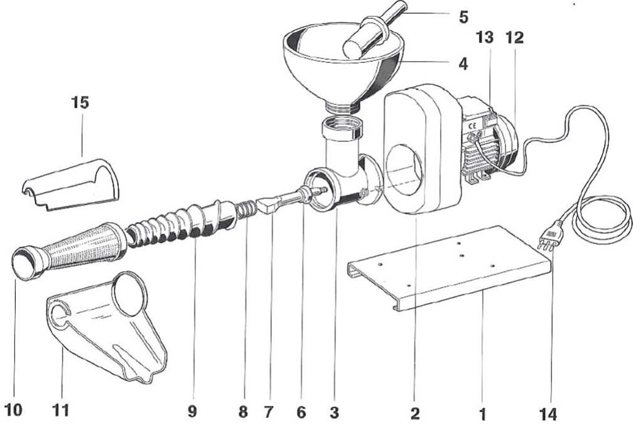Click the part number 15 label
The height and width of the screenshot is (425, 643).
80,102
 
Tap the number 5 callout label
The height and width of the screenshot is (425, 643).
463,17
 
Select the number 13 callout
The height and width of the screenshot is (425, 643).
484,37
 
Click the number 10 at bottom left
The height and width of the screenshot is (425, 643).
13,409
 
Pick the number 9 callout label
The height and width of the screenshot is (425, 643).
192,411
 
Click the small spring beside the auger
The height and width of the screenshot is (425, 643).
247,208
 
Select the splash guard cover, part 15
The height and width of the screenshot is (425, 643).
70,185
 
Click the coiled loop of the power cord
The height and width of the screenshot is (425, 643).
602,219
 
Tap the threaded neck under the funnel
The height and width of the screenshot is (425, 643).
343,107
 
